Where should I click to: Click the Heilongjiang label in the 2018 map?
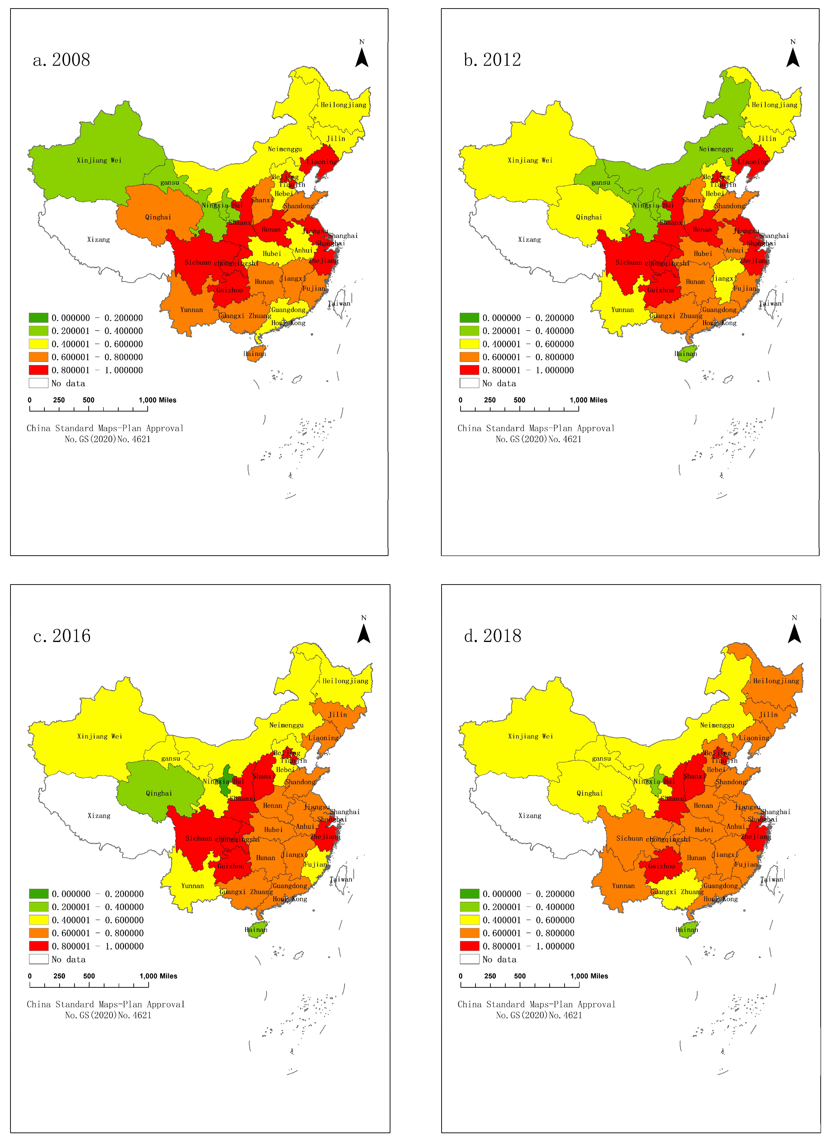776,681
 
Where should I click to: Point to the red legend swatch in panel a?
39,370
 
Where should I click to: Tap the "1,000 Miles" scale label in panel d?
589,976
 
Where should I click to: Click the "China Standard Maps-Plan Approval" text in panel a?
105,428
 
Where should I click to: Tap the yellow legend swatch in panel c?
39,920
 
